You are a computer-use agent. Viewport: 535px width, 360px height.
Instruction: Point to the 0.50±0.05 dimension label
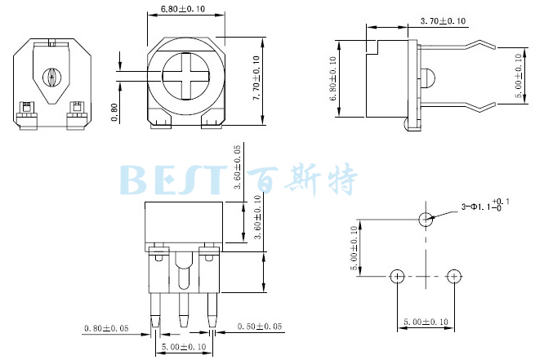(x=259, y=327)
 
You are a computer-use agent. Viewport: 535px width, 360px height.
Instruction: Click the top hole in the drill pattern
(x=425, y=219)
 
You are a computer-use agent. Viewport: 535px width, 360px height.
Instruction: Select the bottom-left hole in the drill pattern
(x=397, y=276)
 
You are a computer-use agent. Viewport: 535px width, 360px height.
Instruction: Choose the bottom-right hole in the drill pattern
(x=453, y=276)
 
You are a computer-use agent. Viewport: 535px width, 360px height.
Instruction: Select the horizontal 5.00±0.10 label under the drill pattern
(x=426, y=322)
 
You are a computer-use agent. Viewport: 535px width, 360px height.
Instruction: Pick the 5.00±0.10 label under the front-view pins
(x=183, y=347)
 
